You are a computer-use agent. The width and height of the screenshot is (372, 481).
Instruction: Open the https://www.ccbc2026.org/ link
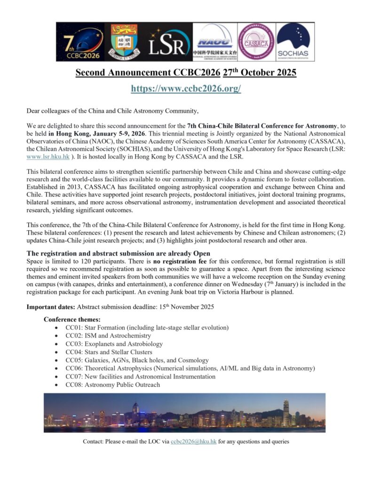point(186,88)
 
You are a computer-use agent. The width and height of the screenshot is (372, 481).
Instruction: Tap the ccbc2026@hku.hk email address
point(193,442)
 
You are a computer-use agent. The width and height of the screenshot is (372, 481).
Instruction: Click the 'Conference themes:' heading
point(69,319)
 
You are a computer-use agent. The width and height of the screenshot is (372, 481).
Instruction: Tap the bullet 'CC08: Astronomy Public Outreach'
point(112,385)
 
